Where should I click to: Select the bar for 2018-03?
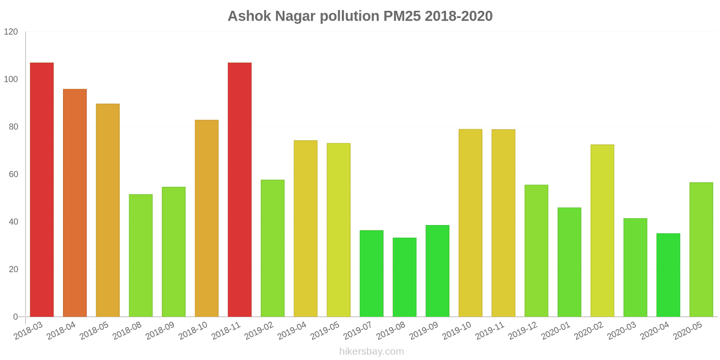pyautogui.click(x=42, y=189)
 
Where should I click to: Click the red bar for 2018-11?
pyautogui.click(x=240, y=189)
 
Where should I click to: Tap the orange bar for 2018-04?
pyautogui.click(x=75, y=203)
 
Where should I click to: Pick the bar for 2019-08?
pyautogui.click(x=405, y=277)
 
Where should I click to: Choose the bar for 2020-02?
pyautogui.click(x=602, y=231)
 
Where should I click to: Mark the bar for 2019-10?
pyautogui.click(x=470, y=223)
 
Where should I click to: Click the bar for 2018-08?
pyautogui.click(x=141, y=256)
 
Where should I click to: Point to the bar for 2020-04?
pyautogui.click(x=668, y=275)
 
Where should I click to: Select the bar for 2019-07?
pyautogui.click(x=372, y=274)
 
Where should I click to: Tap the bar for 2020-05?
pyautogui.click(x=701, y=250)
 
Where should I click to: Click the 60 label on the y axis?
pyautogui.click(x=13, y=175)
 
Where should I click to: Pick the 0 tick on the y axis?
pyautogui.click(x=16, y=317)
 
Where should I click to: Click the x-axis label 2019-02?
pyautogui.click(x=259, y=332)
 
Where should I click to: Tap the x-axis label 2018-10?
pyautogui.click(x=193, y=332)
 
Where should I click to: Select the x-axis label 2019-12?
pyautogui.click(x=523, y=332)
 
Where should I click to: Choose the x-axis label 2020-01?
pyautogui.click(x=556, y=332)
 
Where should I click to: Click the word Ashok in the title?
pyautogui.click(x=249, y=16)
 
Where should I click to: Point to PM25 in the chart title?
pyautogui.click(x=402, y=16)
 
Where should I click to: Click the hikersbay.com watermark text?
pyautogui.click(x=372, y=351)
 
